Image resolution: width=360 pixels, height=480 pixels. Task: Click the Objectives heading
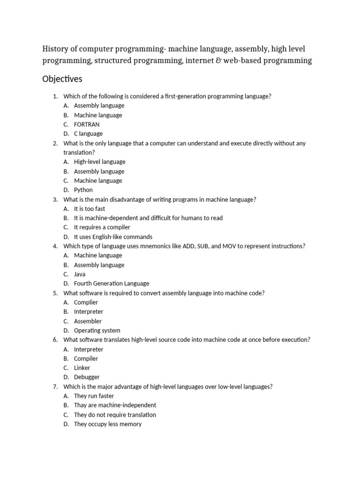pyautogui.click(x=62, y=79)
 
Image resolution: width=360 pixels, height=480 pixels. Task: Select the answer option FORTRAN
pyautogui.click(x=87, y=124)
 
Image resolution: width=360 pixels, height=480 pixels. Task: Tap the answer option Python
pyautogui.click(x=83, y=190)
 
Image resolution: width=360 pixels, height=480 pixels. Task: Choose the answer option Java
pyautogui.click(x=80, y=274)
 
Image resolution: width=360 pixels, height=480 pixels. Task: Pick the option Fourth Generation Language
pyautogui.click(x=112, y=284)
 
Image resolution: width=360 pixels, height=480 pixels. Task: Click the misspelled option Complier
pyautogui.click(x=86, y=302)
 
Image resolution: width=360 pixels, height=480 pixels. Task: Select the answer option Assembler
pyautogui.click(x=88, y=321)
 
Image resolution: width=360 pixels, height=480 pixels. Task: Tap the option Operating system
pyautogui.click(x=97, y=330)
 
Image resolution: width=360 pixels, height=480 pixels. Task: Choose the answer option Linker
pyautogui.click(x=82, y=368)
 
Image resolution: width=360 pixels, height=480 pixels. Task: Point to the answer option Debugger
pyautogui.click(x=87, y=377)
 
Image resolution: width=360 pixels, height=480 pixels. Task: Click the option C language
pyautogui.click(x=88, y=134)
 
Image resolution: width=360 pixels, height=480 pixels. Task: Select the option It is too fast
pyautogui.click(x=90, y=209)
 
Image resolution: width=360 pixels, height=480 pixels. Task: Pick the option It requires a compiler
pyautogui.click(x=102, y=227)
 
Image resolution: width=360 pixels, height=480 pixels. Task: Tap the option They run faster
pyautogui.click(x=94, y=396)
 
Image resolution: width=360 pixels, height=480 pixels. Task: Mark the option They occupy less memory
pyautogui.click(x=108, y=424)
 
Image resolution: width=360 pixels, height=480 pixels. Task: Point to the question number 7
pyautogui.click(x=55, y=387)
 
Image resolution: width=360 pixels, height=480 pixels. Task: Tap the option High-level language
pyautogui.click(x=100, y=162)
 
